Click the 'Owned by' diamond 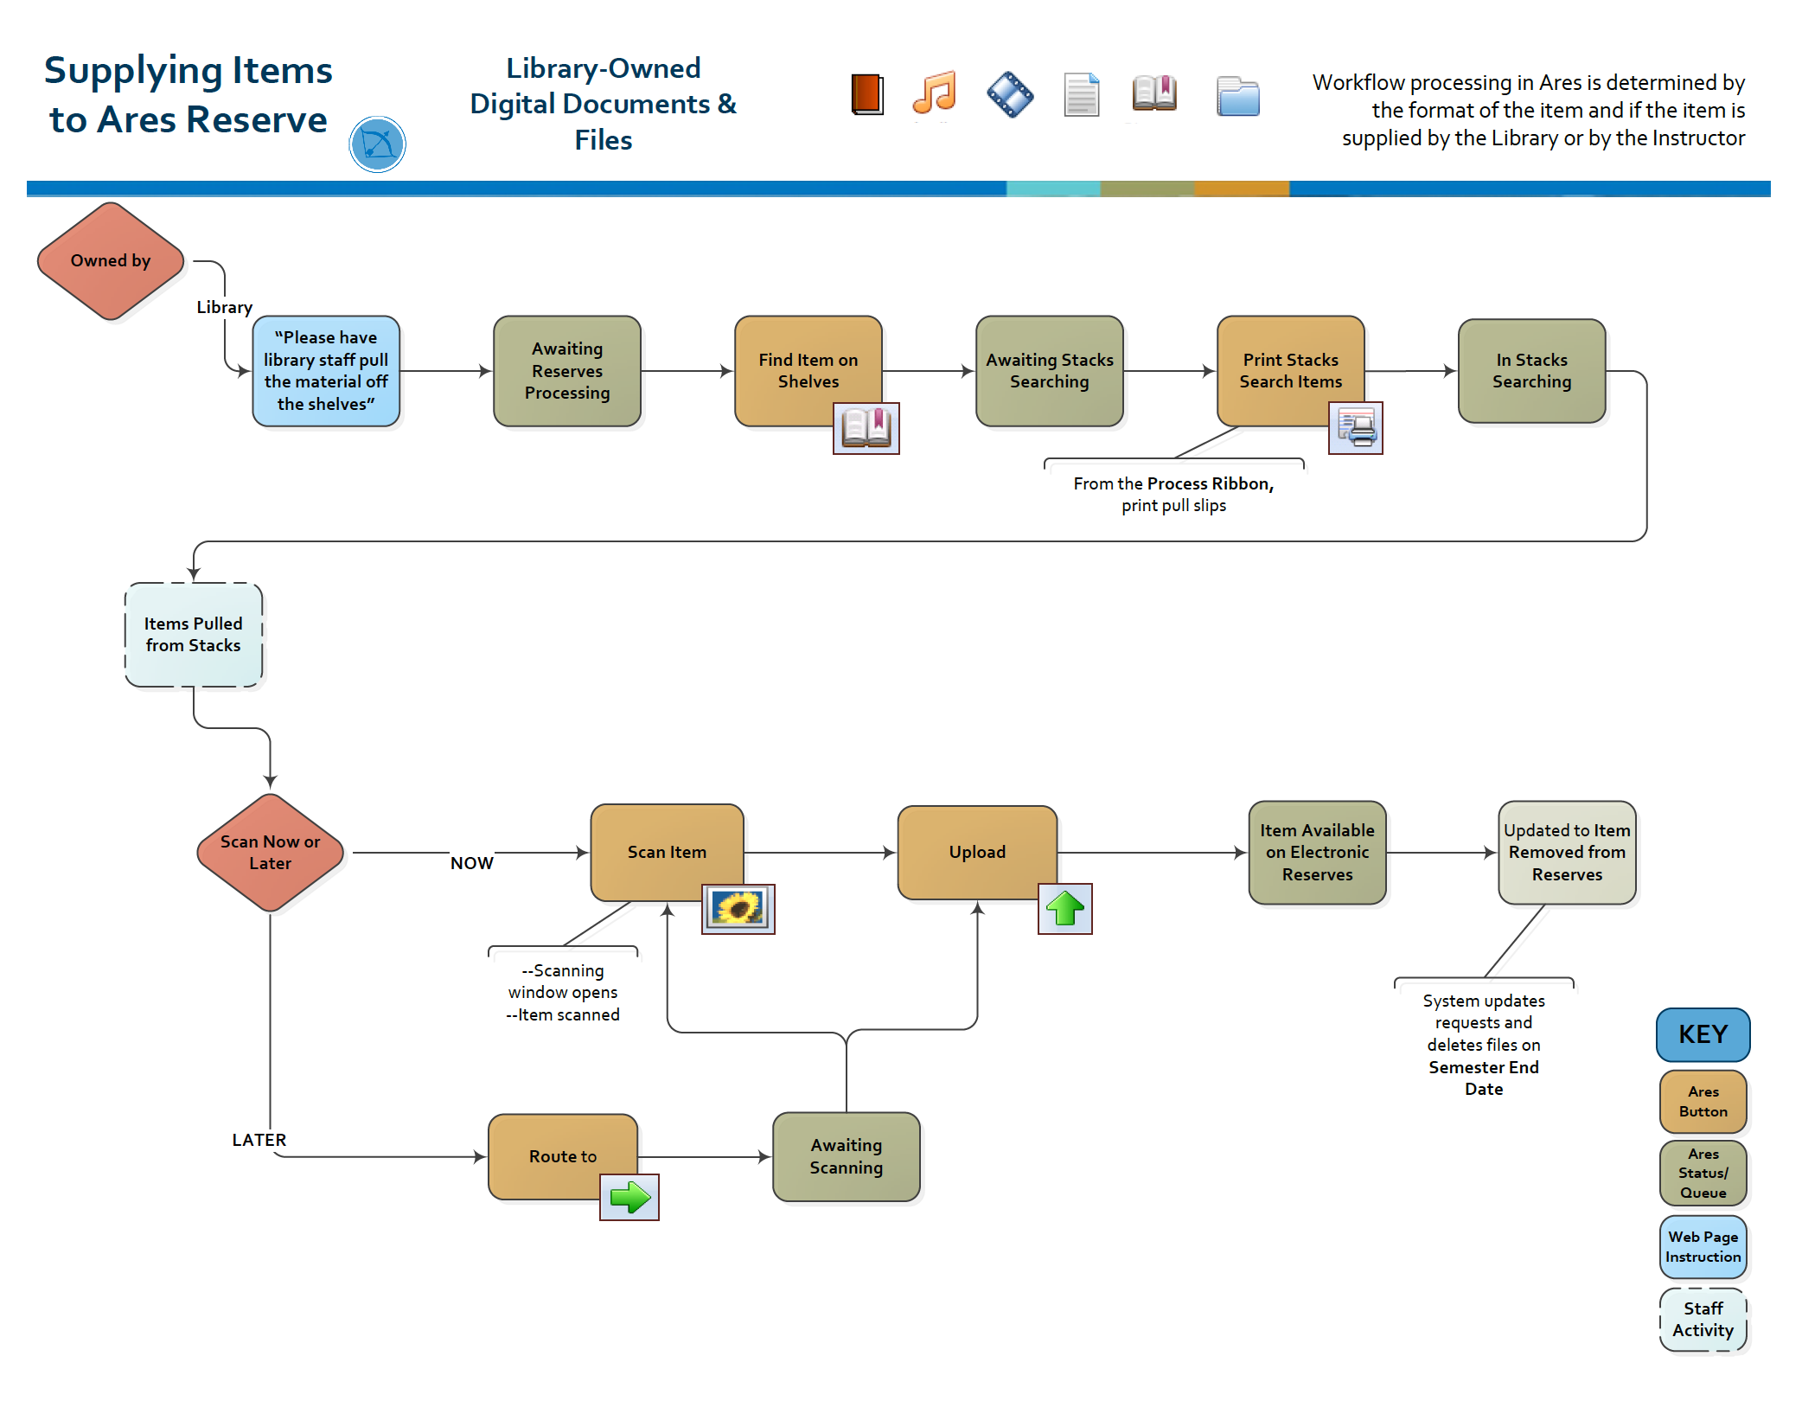[111, 261]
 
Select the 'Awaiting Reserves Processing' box [566, 371]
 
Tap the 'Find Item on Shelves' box [808, 371]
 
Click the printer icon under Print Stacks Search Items [1355, 428]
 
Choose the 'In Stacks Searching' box [1531, 371]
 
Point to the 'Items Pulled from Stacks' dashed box [194, 635]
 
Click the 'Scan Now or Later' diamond [270, 853]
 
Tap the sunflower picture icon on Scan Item [738, 909]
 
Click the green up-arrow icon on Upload [1064, 909]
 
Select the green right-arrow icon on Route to [629, 1198]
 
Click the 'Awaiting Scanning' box [846, 1157]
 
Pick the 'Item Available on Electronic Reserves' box [1317, 853]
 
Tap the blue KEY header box [1703, 1034]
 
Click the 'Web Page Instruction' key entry [1703, 1247]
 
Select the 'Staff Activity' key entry [1703, 1320]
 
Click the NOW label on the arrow [472, 863]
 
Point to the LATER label [259, 1140]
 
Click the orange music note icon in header [934, 93]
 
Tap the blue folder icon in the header [1237, 95]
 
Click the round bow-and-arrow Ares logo [377, 144]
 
